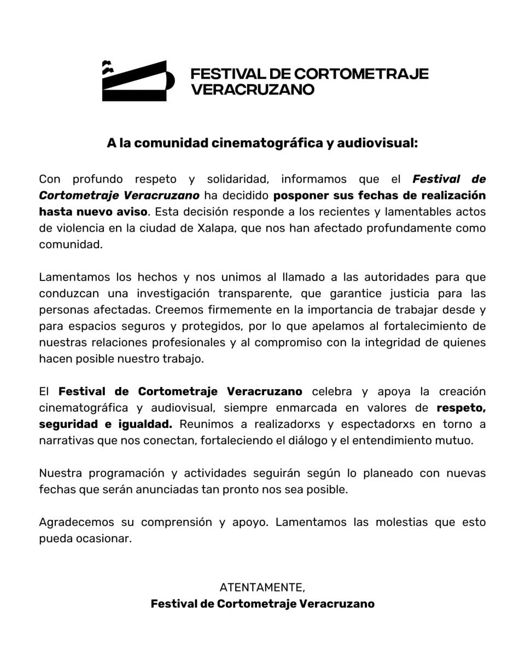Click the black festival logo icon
pos(138,81)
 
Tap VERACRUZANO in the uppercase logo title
pos(252,90)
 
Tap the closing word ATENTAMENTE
pos(262,588)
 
